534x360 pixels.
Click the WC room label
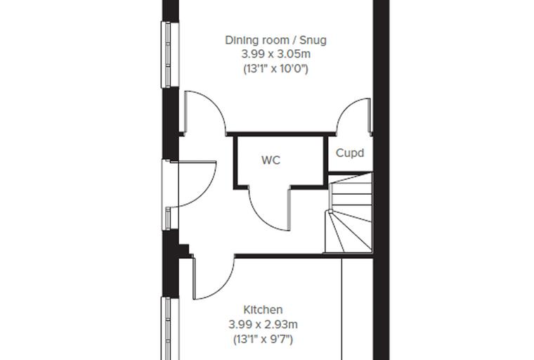pyautogui.click(x=271, y=160)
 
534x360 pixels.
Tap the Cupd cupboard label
pyautogui.click(x=350, y=153)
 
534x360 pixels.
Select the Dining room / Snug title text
pyautogui.click(x=275, y=40)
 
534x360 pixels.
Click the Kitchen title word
pyautogui.click(x=263, y=310)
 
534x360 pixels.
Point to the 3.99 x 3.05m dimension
pyautogui.click(x=276, y=54)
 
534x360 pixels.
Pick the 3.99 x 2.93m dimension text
pyautogui.click(x=263, y=325)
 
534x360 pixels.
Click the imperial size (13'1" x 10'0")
pyautogui.click(x=275, y=69)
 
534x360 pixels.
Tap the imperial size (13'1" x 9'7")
pyautogui.click(x=263, y=339)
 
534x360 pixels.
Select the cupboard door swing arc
pyautogui.click(x=346, y=107)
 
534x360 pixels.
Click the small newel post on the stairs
pyautogui.click(x=330, y=212)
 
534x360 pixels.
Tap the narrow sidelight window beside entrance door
pyautogui.click(x=167, y=218)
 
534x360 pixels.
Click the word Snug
pyautogui.click(x=313, y=41)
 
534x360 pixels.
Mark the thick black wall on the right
pyautogui.click(x=381, y=180)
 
